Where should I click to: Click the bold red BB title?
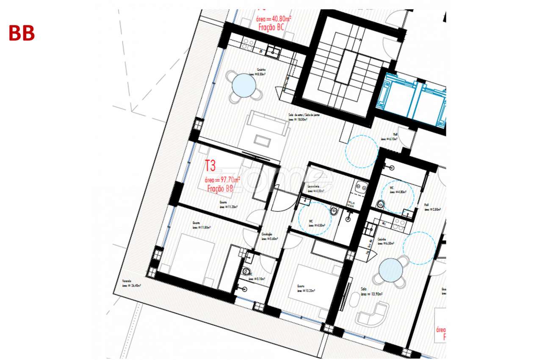pyautogui.click(x=21, y=33)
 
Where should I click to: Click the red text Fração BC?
pyautogui.click(x=271, y=27)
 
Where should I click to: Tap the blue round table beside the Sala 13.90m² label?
pyautogui.click(x=391, y=270)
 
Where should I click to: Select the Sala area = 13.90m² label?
pyautogui.click(x=372, y=292)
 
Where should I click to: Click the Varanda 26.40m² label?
pyautogui.click(x=131, y=283)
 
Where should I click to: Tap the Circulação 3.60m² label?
pyautogui.click(x=269, y=237)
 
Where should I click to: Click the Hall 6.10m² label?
pyautogui.click(x=389, y=137)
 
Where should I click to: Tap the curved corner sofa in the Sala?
pyautogui.click(x=373, y=314)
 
